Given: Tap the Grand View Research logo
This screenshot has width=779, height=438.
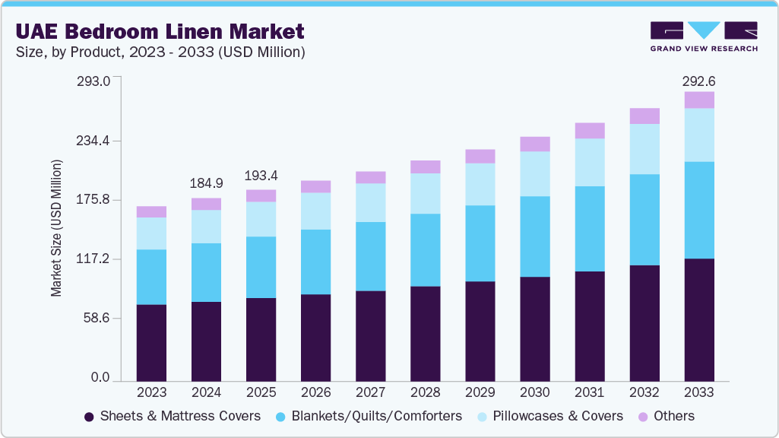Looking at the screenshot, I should coord(703,36).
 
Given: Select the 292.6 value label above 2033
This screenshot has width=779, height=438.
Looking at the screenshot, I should coord(699,81).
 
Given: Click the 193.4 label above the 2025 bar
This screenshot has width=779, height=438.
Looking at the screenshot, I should coord(261,175).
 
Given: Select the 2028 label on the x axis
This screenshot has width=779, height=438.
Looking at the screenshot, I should coord(425,392).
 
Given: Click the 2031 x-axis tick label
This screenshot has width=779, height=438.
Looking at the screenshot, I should coord(589,392).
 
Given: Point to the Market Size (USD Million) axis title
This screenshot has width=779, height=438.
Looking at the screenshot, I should coord(57,228).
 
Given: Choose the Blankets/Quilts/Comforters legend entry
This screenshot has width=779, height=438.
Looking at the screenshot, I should coord(369,416).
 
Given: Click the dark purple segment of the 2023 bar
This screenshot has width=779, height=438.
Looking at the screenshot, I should coord(151,342).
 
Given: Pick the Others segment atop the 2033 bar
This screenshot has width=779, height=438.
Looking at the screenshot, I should coord(699,100).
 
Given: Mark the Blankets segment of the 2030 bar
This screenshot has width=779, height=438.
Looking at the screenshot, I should coord(534,236).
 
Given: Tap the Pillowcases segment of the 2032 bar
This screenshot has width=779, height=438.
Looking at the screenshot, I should coord(644,149).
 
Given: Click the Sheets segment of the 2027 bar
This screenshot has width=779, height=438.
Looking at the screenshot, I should coord(370,335).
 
